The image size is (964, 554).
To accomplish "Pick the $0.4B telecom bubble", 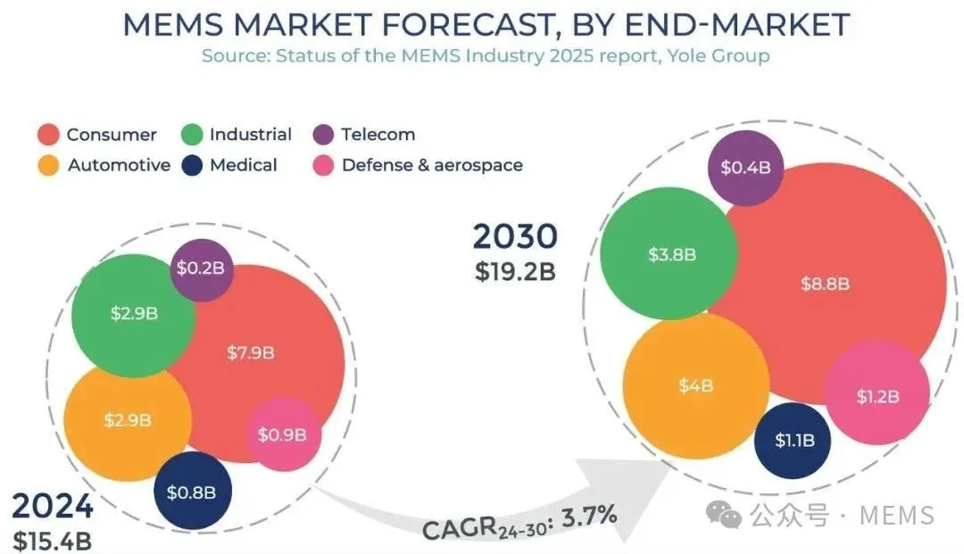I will tap(745, 168).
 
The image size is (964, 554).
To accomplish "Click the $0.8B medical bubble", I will tap(192, 492).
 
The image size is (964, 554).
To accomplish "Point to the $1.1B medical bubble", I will tap(792, 440).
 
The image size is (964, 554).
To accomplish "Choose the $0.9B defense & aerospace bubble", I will tap(282, 434).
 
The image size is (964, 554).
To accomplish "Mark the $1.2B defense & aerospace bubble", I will tap(877, 396).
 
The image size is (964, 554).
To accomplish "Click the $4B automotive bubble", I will tap(696, 385).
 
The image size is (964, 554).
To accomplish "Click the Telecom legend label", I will tap(378, 135).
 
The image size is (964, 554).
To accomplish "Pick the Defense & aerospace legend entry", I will tap(432, 165).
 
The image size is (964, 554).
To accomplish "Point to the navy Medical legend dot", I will tap(192, 165).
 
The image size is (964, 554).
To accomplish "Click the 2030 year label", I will tap(515, 236).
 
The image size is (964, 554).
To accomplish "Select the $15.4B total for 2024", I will tap(52, 541).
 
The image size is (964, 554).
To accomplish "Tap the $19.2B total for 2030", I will tap(515, 270).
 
